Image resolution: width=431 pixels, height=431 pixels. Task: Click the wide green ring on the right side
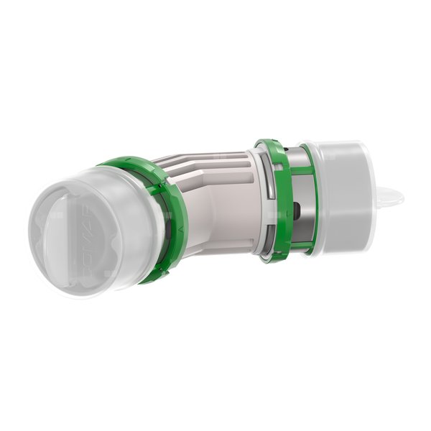[x=277, y=198]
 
